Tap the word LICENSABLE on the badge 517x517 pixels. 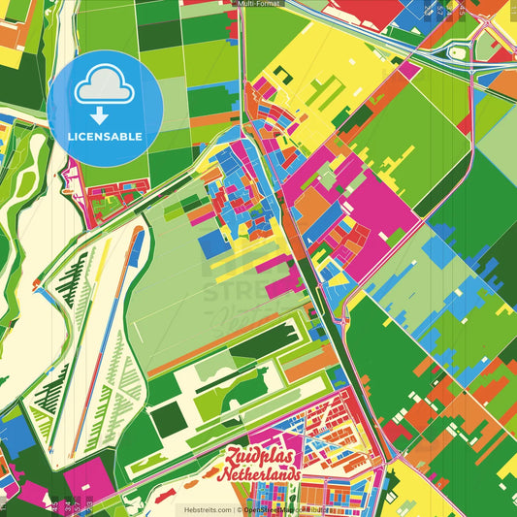[104, 136]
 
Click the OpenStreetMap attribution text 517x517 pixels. [291, 509]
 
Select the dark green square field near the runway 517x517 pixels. [168, 418]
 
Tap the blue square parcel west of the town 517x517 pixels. [215, 242]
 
